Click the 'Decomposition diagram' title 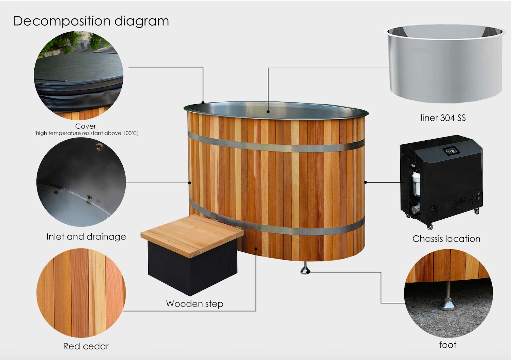tap(91, 21)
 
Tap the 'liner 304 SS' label tap(443, 118)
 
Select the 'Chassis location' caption tap(446, 239)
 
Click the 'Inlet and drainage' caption tap(86, 237)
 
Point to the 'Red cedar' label tap(86, 346)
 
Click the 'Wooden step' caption tap(195, 304)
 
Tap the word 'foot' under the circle tap(448, 345)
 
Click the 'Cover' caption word tap(86, 126)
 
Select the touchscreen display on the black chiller tap(451, 152)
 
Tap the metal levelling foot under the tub tap(305, 268)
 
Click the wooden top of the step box tap(192, 235)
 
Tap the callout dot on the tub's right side tap(366, 182)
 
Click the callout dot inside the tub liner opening tap(268, 112)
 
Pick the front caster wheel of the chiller tap(430, 227)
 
